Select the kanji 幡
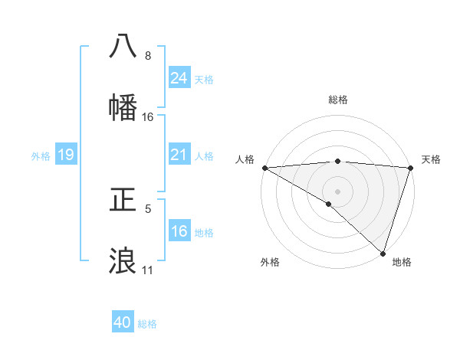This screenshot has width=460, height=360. pyautogui.click(x=123, y=108)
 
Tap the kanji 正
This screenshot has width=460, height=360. pyautogui.click(x=123, y=201)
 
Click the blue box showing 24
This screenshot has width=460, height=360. pyautogui.click(x=179, y=78)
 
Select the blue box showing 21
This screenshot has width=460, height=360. pyautogui.click(x=179, y=155)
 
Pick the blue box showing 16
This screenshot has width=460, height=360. pyautogui.click(x=179, y=232)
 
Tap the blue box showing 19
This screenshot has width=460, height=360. pyautogui.click(x=65, y=155)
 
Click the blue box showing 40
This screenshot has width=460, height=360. pyautogui.click(x=123, y=323)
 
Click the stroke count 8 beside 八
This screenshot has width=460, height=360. pyautogui.click(x=148, y=56)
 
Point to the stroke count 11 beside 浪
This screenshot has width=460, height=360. pyautogui.click(x=148, y=270)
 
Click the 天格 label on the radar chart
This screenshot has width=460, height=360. pyautogui.click(x=431, y=159)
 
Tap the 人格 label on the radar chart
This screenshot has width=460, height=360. pyautogui.click(x=245, y=159)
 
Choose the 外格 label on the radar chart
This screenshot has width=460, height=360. pyautogui.click(x=269, y=262)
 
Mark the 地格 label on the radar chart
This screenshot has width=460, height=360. pyautogui.click(x=402, y=262)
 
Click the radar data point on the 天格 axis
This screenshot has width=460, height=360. pyautogui.click(x=411, y=168)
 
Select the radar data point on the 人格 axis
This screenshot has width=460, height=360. pyautogui.click(x=264, y=168)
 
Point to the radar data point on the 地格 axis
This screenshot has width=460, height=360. pyautogui.click(x=383, y=253)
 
